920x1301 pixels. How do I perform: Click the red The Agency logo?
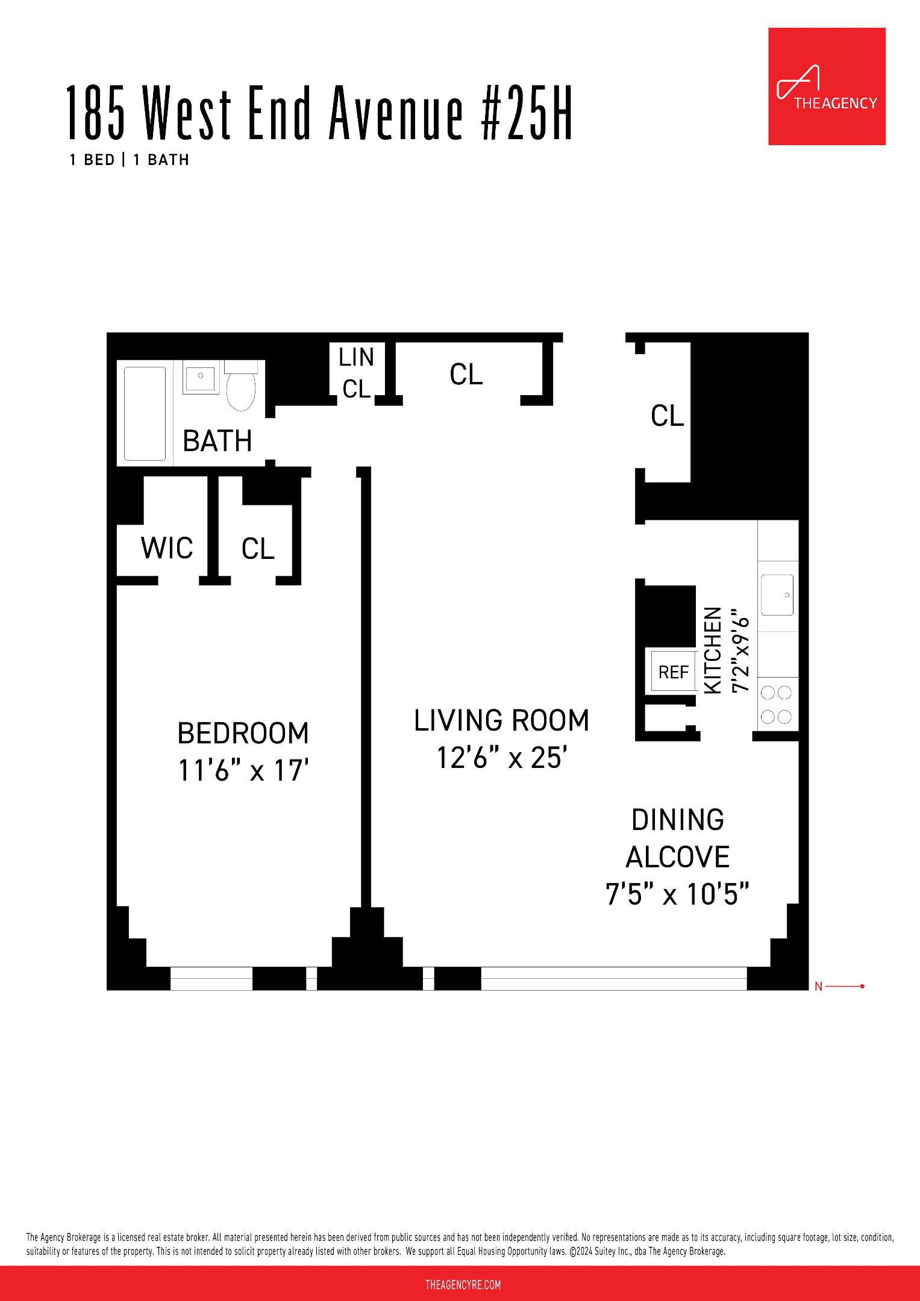click(826, 86)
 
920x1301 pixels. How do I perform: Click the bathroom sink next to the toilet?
click(201, 378)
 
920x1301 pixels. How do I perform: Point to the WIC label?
click(167, 548)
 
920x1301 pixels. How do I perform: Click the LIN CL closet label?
click(356, 373)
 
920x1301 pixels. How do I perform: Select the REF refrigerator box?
click(673, 672)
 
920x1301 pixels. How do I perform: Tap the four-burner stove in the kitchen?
click(777, 705)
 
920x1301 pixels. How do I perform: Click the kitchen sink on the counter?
click(777, 595)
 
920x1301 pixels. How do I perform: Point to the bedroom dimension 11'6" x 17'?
click(243, 770)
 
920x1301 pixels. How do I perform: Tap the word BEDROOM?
click(243, 733)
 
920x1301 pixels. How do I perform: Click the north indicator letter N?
click(818, 987)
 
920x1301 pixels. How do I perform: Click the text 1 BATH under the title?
click(161, 160)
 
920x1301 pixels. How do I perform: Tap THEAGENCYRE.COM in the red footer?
click(463, 1285)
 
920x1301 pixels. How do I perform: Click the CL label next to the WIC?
click(258, 549)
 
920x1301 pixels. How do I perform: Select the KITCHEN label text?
click(713, 650)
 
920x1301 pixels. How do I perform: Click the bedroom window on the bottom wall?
click(211, 979)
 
